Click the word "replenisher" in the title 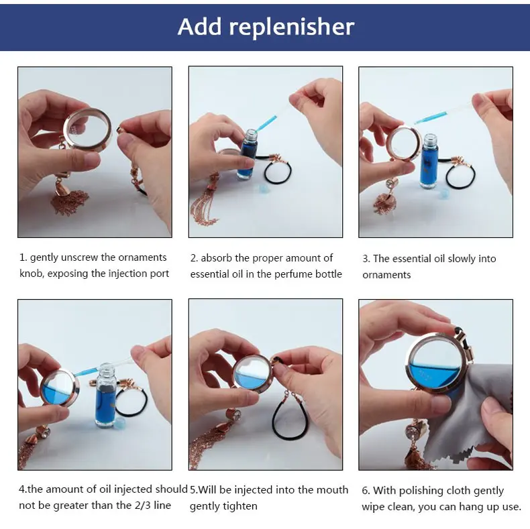[x=292, y=27]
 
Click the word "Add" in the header [x=199, y=26]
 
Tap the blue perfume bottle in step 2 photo [x=247, y=154]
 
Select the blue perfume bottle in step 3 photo [x=429, y=161]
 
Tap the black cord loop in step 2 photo [x=278, y=171]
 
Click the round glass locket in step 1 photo [x=87, y=129]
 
